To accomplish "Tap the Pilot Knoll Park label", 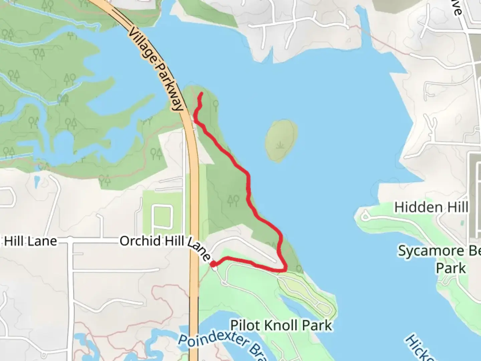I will click(x=281, y=325).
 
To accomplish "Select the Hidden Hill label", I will click(x=431, y=207).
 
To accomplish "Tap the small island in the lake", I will click(x=281, y=140).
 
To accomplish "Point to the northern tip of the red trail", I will click(x=201, y=93).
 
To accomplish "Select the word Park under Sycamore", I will click(x=451, y=268).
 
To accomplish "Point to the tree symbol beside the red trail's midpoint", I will click(x=233, y=201).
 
